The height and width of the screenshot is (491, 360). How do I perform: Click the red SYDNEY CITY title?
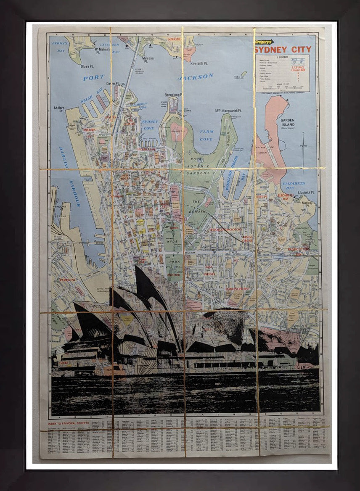pyautogui.click(x=283, y=50)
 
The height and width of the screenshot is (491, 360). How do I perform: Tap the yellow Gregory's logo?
pyautogui.click(x=264, y=42)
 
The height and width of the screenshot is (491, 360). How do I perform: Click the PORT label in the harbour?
pyautogui.click(x=93, y=78)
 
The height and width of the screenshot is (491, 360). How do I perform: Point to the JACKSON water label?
pyautogui.click(x=196, y=77)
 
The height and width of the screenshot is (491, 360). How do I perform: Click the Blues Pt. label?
pyautogui.click(x=87, y=66)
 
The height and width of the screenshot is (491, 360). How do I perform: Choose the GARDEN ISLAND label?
pyautogui.click(x=288, y=122)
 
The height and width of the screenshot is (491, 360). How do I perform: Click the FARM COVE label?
pyautogui.click(x=206, y=135)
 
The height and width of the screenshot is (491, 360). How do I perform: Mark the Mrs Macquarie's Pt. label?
pyautogui.click(x=228, y=111)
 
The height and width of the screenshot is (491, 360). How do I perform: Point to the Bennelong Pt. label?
pyautogui.click(x=172, y=95)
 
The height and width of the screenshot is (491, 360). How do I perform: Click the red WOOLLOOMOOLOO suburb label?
pyautogui.click(x=225, y=230)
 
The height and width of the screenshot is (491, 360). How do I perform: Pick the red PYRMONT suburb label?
pyautogui.click(x=67, y=280)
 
